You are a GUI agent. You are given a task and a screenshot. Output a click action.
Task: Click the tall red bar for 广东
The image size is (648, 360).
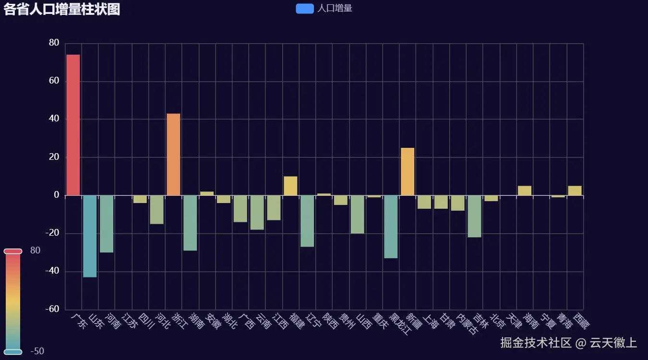pyautogui.click(x=73, y=125)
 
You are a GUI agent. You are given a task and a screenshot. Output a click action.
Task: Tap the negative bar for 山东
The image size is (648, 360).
pyautogui.click(x=90, y=236)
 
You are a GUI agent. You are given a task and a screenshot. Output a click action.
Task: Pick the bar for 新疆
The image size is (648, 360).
pyautogui.click(x=408, y=171)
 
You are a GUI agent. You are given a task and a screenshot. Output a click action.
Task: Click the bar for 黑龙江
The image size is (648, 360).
pyautogui.click(x=391, y=227)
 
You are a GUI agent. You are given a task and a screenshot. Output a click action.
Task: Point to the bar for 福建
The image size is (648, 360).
pyautogui.click(x=290, y=186)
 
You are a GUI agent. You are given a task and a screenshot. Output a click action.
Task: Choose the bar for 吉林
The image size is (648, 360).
pyautogui.click(x=474, y=216)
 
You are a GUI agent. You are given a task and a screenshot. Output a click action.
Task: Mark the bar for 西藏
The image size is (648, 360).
pyautogui.click(x=575, y=191)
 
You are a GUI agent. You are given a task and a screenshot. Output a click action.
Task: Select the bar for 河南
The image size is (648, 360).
pyautogui.click(x=107, y=224)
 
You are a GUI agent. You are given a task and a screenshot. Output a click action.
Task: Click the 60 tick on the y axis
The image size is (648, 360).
pyautogui.click(x=54, y=81)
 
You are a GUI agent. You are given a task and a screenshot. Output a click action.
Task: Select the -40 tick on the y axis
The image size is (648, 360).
pyautogui.click(x=52, y=271)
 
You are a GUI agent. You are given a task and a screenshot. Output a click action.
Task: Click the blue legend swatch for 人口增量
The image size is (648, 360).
pyautogui.click(x=305, y=9)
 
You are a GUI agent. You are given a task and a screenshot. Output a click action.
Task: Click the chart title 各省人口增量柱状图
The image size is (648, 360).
pyautogui.click(x=62, y=9)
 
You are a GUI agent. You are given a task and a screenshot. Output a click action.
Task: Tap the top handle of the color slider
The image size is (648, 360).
pyautogui.click(x=13, y=251)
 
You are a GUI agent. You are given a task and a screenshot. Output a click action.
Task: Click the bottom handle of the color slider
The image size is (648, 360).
pyautogui.click(x=13, y=352)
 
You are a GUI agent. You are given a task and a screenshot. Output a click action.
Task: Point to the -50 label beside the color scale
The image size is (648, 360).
pyautogui.click(x=37, y=351)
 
